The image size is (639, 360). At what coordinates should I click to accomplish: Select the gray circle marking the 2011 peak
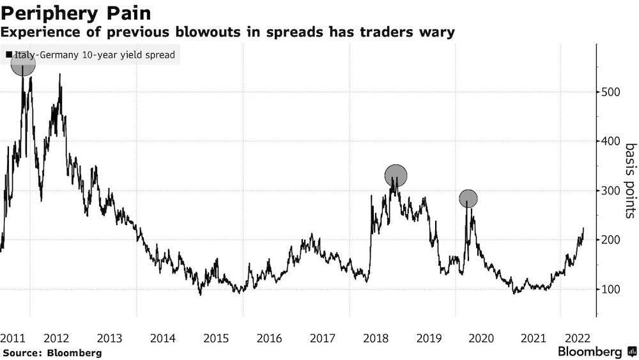coord(23,64)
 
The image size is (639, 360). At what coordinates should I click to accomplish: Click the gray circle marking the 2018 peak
coord(396,175)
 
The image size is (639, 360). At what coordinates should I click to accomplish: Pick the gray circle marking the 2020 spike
coord(468,199)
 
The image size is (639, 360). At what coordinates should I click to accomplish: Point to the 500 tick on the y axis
coord(610,92)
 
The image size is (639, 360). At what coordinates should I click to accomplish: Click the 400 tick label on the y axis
coord(610,141)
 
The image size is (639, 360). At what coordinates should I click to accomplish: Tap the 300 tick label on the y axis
coord(610,191)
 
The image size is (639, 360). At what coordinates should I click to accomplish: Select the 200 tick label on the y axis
coord(610,240)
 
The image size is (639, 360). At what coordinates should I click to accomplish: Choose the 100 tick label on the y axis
coord(610,289)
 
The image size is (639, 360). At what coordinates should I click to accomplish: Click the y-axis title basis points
coord(630,181)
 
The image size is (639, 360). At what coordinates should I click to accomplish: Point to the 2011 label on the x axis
coord(13,338)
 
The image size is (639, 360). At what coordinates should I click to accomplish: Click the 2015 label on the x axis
coord(216,338)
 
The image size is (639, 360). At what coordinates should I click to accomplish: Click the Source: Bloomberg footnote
coord(52,352)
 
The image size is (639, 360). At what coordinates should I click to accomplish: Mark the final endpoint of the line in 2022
coord(583,228)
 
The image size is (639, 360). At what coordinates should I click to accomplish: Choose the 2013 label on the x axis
coord(109,338)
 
